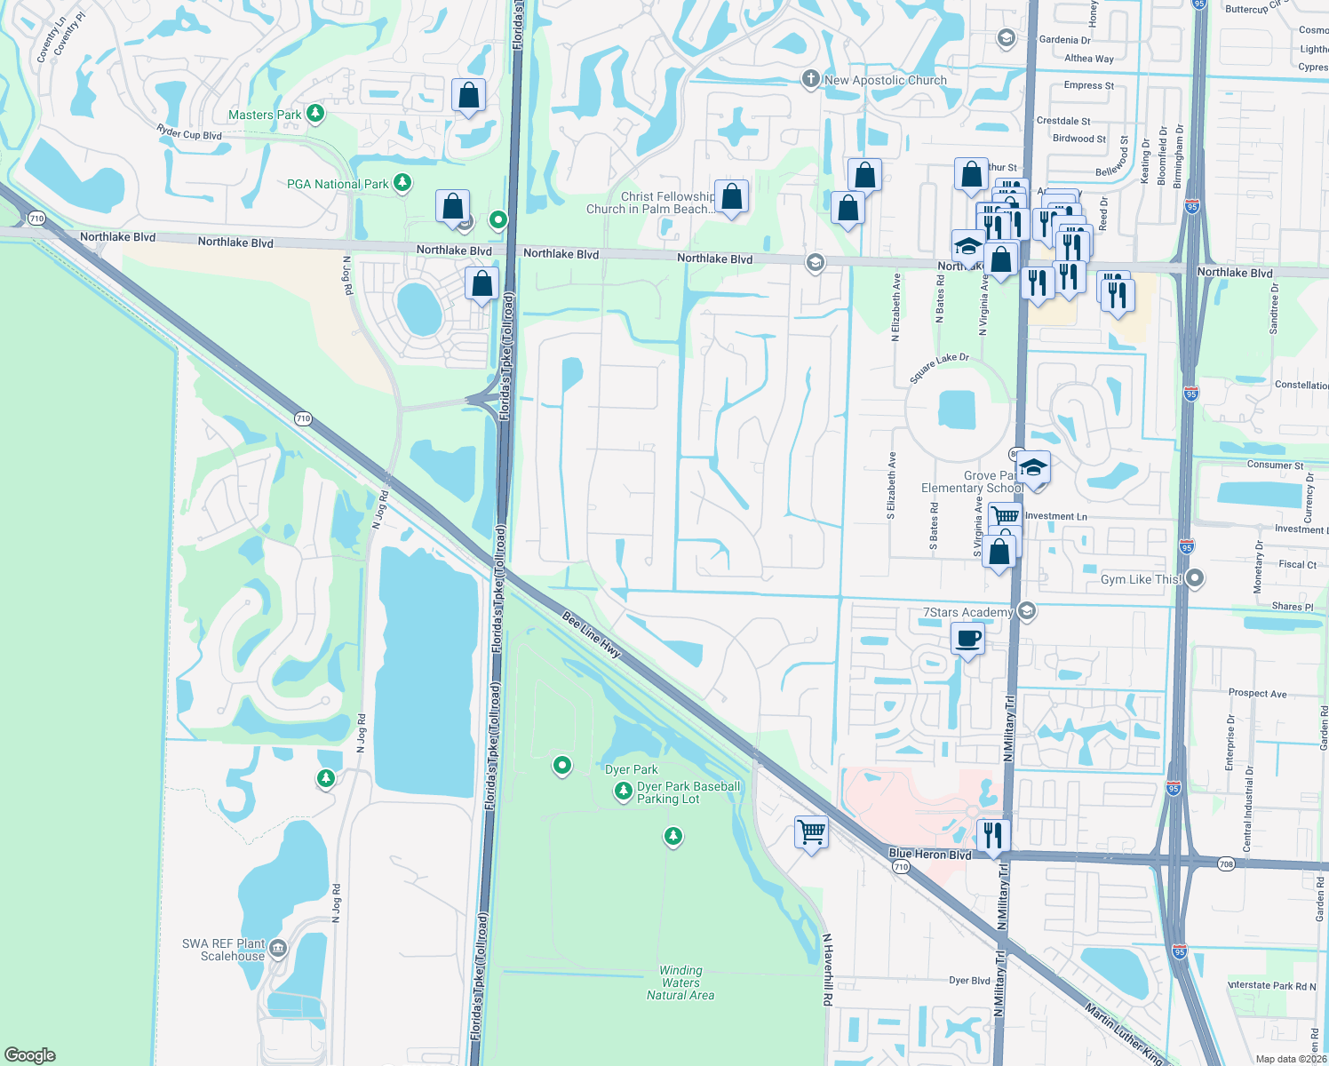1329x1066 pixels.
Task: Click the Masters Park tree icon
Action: (314, 114)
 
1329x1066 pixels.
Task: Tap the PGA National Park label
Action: (338, 184)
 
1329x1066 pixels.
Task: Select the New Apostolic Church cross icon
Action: (810, 80)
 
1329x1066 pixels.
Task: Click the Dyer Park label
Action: (632, 769)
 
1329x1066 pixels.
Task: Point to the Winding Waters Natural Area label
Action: (680, 982)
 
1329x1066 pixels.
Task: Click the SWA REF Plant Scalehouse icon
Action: (278, 949)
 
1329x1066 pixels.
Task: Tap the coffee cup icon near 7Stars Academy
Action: (967, 638)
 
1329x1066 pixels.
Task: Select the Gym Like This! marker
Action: (1195, 579)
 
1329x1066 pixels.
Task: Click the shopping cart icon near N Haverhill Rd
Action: (811, 832)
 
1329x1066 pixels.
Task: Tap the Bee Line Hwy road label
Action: (592, 633)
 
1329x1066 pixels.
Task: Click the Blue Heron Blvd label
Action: (930, 854)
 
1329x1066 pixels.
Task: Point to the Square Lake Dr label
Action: (939, 368)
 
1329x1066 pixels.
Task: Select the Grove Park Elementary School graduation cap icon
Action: (1033, 467)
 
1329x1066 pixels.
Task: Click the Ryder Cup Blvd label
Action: (188, 133)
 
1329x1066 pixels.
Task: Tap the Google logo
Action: (30, 1055)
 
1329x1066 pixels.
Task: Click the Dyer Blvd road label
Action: (969, 981)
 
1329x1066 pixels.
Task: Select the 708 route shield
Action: (1226, 863)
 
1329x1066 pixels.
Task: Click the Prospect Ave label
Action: (1257, 693)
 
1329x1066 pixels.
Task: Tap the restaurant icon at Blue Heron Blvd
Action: (992, 834)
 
